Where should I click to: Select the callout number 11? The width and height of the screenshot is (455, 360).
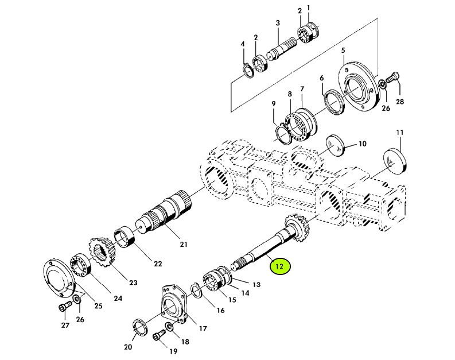pos(400,133)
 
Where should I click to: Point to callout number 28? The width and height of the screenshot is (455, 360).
pos(400,102)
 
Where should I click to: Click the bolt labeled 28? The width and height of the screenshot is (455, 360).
pos(393,77)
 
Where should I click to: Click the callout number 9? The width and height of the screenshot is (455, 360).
pos(274,104)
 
